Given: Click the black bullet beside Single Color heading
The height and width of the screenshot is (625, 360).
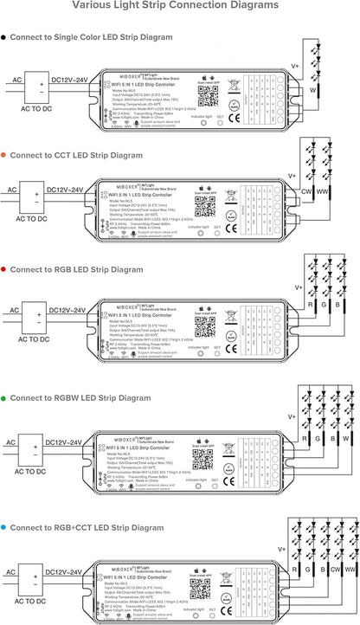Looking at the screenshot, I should pos(4,37).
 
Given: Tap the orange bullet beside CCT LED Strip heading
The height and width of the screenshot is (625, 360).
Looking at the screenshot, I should pos(4,155).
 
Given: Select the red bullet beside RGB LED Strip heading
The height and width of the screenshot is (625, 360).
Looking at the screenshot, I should pos(4,271).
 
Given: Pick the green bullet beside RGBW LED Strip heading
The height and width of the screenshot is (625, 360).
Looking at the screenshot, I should pos(4,397).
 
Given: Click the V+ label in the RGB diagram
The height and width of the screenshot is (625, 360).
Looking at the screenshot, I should pos(299,287).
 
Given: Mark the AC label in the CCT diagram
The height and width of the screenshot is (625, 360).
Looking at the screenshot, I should pos(11,189).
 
